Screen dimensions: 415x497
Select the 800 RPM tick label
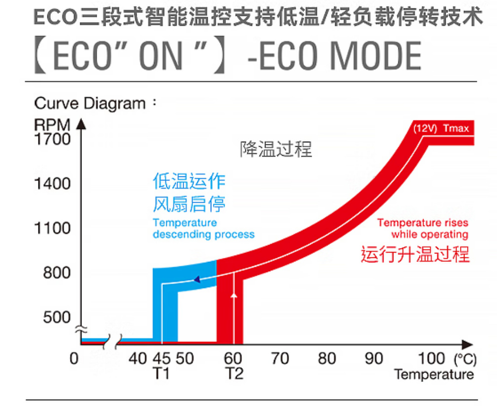57,273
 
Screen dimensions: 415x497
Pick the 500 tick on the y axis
57,317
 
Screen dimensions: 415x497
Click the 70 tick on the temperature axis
280,358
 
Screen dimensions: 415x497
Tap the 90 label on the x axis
374,358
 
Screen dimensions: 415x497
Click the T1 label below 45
161,373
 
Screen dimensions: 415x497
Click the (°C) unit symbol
465,358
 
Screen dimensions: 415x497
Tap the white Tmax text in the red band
455,129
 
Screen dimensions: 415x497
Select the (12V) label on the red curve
425,129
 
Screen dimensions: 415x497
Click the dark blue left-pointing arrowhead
196,280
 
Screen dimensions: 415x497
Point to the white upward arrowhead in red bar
234,295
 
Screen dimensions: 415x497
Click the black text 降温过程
276,149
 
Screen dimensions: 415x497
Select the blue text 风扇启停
189,204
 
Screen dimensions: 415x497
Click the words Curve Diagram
90,104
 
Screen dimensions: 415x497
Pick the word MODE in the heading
375,55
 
